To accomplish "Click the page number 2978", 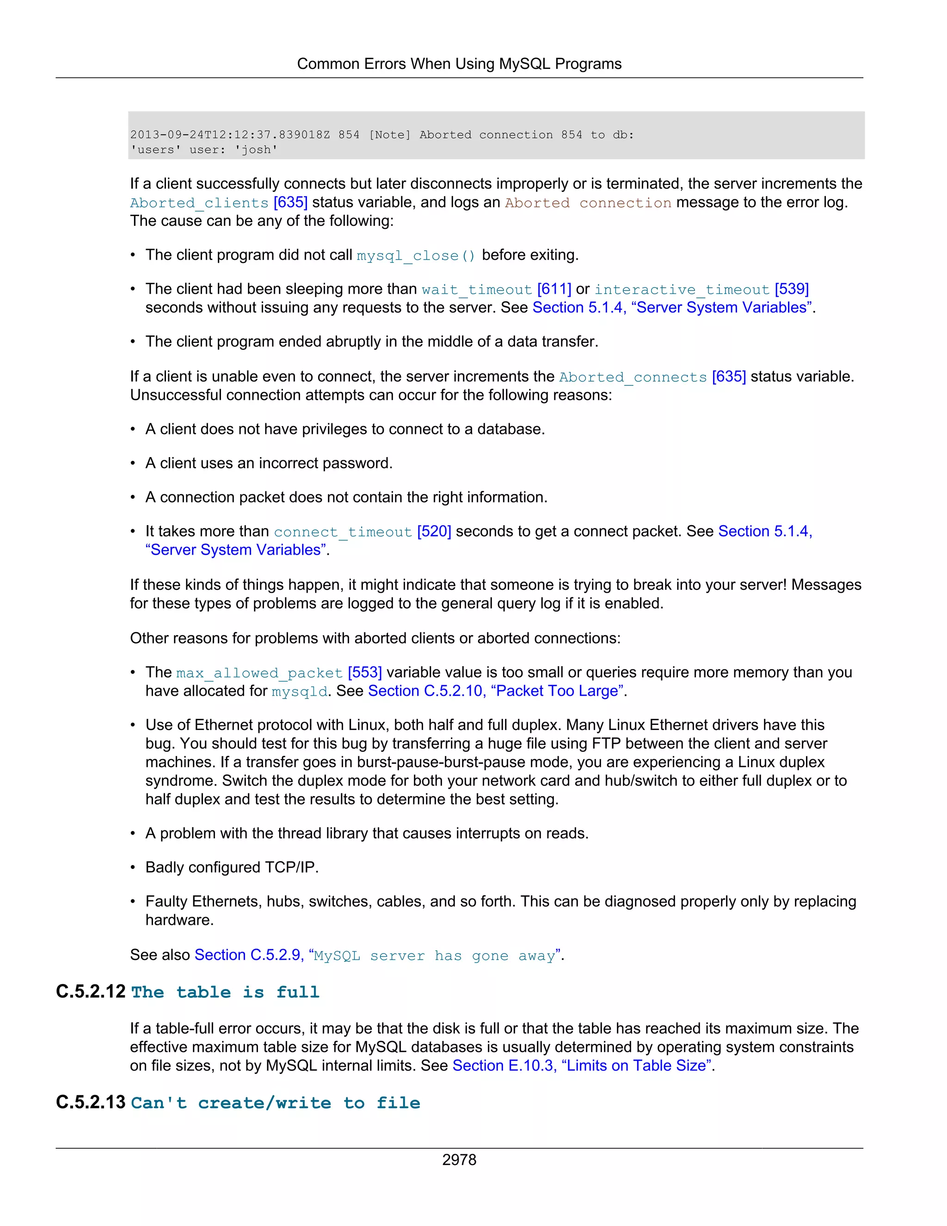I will tap(459, 1160).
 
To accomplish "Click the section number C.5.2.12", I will tap(90, 992).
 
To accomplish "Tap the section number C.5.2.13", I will tap(90, 1102).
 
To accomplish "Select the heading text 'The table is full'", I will tap(225, 992).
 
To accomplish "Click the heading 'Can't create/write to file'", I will tap(275, 1103).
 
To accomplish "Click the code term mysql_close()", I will tap(416, 256).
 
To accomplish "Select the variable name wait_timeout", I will tap(476, 290).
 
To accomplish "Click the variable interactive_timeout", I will tap(682, 290).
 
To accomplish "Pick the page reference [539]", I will tap(791, 289).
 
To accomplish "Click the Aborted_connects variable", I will tap(633, 377).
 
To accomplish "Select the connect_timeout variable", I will tap(343, 532).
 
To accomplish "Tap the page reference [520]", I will tap(434, 532).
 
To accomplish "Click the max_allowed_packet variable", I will tap(259, 673).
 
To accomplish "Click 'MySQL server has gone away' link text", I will tap(434, 956).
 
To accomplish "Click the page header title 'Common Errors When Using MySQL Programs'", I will tap(459, 64).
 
